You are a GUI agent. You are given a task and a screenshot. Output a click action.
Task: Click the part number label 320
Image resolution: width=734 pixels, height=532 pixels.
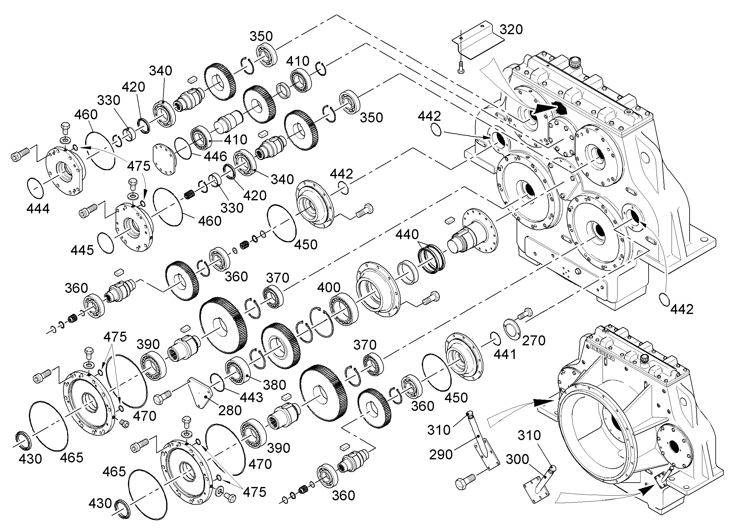[511, 30]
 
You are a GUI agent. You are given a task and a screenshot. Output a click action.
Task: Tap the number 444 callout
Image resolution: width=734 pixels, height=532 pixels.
[38, 209]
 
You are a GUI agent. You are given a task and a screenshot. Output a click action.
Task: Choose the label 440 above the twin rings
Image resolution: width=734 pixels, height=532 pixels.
[407, 234]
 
